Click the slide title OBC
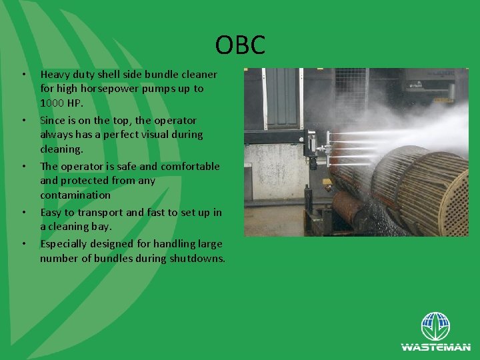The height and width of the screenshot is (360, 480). [x=240, y=45]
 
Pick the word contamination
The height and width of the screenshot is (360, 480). [x=75, y=195]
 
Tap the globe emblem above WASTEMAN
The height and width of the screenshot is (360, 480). [x=435, y=327]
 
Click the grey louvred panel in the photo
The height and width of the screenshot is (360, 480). [x=281, y=97]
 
